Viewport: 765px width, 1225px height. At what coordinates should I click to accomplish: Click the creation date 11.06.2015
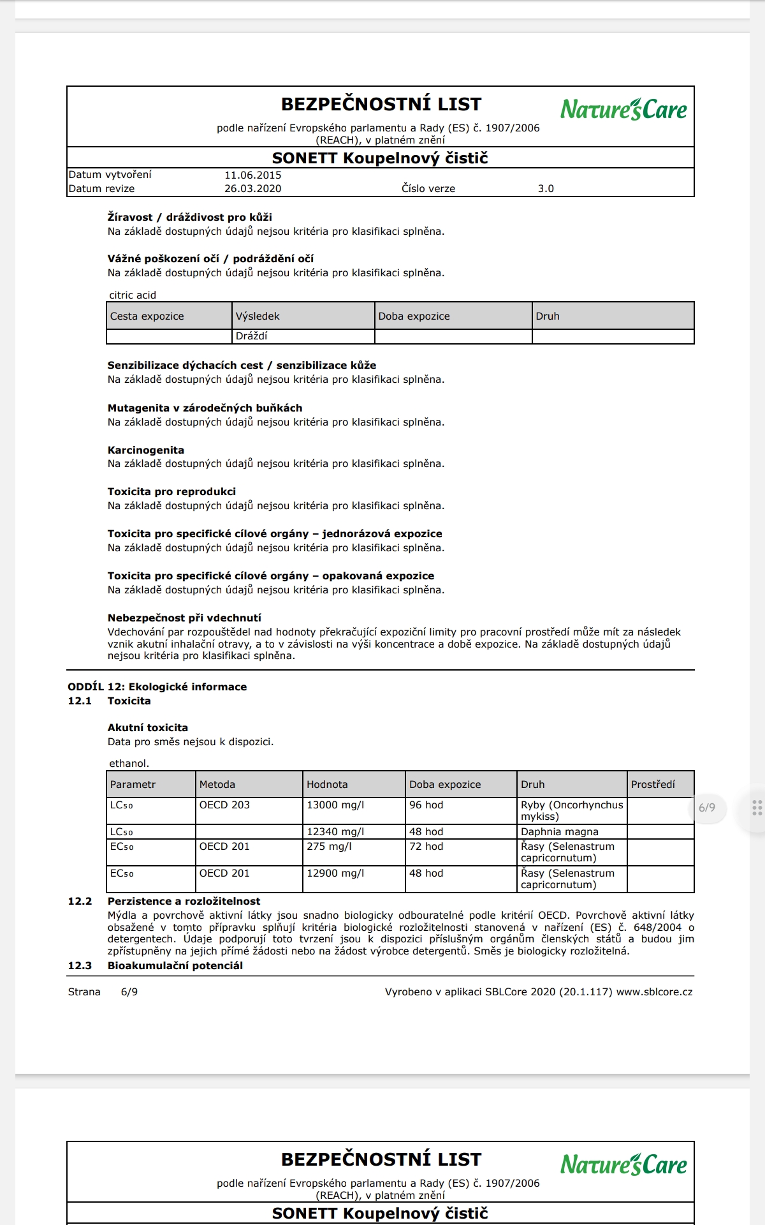point(252,175)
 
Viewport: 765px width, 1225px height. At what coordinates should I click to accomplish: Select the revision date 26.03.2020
point(252,189)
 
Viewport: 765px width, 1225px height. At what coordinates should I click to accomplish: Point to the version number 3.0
point(546,189)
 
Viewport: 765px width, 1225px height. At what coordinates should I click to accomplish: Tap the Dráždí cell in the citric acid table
point(252,336)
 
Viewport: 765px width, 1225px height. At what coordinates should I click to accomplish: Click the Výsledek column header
point(258,316)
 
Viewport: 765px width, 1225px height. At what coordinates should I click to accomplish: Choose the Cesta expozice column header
point(147,316)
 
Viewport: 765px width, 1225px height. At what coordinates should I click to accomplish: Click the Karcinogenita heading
point(145,450)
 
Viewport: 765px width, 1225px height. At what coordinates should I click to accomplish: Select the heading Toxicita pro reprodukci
point(171,491)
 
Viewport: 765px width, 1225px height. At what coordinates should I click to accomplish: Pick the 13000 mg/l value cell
point(335,805)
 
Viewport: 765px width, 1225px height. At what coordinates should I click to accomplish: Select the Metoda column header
point(217,784)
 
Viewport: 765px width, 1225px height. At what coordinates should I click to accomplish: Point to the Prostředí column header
point(653,784)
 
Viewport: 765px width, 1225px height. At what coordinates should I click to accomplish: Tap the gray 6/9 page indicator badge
point(706,808)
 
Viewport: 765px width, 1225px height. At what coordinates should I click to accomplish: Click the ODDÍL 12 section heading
point(157,687)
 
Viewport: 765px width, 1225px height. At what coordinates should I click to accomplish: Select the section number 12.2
point(80,901)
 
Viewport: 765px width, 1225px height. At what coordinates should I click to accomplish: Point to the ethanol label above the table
point(129,763)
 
